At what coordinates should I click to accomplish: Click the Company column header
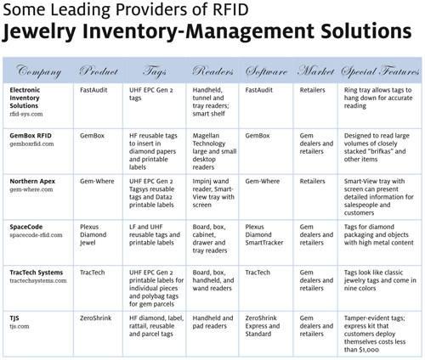pyautogui.click(x=39, y=71)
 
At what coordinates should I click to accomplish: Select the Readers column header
pyautogui.click(x=212, y=70)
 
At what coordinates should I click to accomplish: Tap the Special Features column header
pyautogui.click(x=380, y=71)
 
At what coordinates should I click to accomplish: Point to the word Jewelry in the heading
pyautogui.click(x=39, y=31)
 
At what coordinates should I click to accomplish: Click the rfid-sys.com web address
pyautogui.click(x=26, y=114)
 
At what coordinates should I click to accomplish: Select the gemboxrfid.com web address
pyautogui.click(x=31, y=143)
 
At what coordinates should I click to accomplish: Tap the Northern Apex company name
pyautogui.click(x=32, y=181)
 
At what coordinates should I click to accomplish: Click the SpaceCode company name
pyautogui.click(x=26, y=227)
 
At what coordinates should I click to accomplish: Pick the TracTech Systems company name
pyautogui.click(x=37, y=273)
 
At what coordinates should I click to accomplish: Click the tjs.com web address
pyautogui.click(x=20, y=326)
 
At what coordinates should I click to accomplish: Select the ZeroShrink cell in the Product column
pyautogui.click(x=95, y=318)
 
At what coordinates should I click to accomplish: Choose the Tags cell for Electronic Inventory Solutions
pyautogui.click(x=151, y=94)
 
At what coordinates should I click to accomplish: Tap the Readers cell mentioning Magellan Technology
pyautogui.click(x=214, y=151)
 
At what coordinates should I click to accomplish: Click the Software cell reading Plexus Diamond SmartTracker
pyautogui.click(x=264, y=235)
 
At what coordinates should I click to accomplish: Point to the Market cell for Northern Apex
pyautogui.click(x=312, y=181)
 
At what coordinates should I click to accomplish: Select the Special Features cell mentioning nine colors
pyautogui.click(x=380, y=280)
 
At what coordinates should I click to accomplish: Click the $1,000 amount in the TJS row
pyautogui.click(x=369, y=350)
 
